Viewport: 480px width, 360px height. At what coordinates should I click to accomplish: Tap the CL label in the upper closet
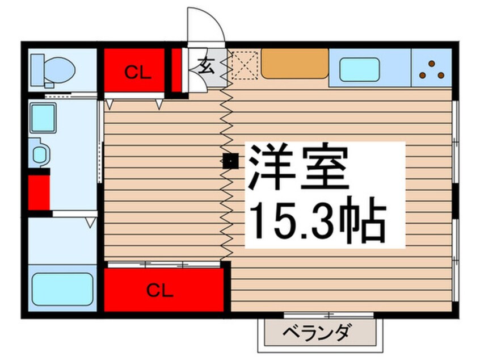tap(138, 73)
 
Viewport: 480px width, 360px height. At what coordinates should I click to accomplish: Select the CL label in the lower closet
tap(160, 290)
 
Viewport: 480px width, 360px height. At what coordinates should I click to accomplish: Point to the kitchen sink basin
tap(359, 69)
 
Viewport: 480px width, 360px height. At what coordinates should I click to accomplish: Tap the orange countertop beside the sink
tap(295, 64)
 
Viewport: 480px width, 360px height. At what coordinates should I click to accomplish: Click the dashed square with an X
tap(245, 65)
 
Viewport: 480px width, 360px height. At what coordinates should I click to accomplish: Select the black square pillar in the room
tap(230, 161)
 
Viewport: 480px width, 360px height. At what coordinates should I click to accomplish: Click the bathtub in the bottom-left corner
tap(62, 290)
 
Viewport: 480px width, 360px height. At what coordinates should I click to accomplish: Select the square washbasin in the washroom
tap(43, 118)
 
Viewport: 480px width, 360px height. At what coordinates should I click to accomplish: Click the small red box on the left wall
tap(39, 192)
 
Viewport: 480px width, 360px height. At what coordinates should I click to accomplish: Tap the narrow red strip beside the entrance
tap(176, 70)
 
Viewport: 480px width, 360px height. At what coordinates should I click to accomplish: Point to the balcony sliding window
tap(329, 315)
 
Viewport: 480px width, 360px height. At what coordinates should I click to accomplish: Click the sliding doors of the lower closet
tap(164, 265)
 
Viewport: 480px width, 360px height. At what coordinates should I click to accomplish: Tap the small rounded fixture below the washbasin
tap(39, 153)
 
